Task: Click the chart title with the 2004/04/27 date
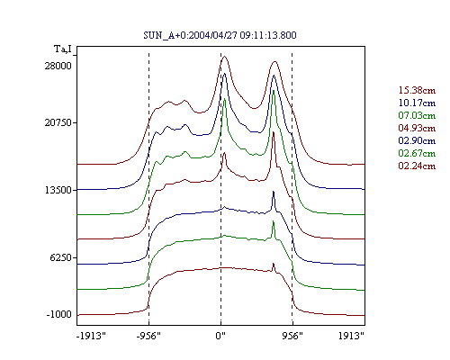220,35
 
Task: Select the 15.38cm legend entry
417,90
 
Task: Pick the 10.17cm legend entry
417,103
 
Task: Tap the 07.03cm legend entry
417,115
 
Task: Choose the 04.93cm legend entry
417,128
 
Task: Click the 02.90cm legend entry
417,140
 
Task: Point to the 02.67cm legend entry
417,153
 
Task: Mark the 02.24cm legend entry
417,166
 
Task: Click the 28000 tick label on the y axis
58,66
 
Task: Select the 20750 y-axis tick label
58,122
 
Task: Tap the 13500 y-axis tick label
58,190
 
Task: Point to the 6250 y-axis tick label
61,257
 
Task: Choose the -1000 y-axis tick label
58,314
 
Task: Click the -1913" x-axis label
91,336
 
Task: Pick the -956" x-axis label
148,336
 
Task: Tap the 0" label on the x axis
220,336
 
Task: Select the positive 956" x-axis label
292,336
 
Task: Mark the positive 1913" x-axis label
351,336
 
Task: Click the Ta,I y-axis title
63,49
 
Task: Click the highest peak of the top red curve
224,56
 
